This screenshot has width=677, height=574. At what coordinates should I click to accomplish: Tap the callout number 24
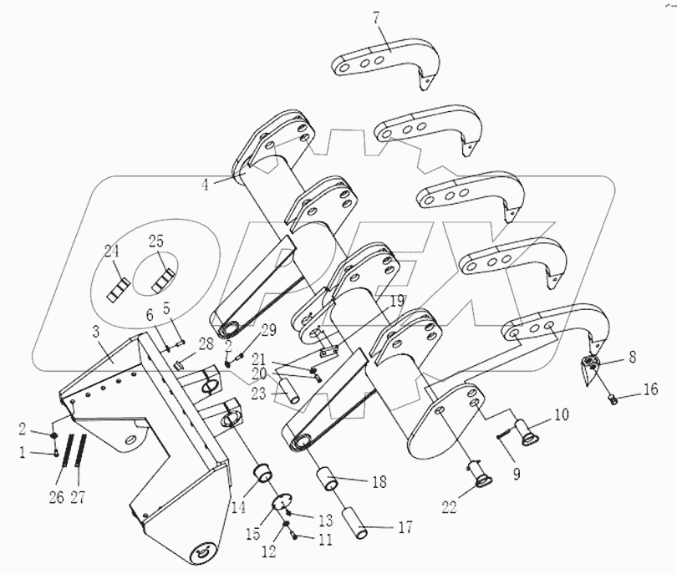tap(112, 250)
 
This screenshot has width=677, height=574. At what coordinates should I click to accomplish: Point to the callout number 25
tap(155, 242)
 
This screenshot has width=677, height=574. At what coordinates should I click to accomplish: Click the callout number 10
tap(559, 414)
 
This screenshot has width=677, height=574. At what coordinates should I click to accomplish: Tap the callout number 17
tap(406, 527)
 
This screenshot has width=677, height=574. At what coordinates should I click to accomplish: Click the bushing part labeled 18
tap(328, 481)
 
